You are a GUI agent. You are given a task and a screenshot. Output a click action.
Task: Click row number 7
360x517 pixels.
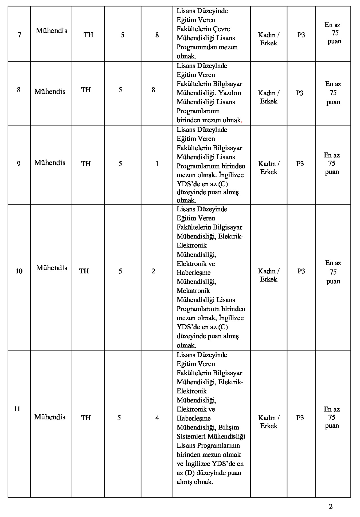pos(19,35)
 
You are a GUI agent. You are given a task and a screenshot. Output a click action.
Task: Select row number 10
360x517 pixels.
pos(19,271)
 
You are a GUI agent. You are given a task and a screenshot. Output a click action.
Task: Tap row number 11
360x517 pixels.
pos(17,409)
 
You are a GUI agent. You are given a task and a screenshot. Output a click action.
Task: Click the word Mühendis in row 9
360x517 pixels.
pos(50,163)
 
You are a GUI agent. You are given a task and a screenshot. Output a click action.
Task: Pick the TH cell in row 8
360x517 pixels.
pos(86,90)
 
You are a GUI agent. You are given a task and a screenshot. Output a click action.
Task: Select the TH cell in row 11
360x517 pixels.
pos(86,418)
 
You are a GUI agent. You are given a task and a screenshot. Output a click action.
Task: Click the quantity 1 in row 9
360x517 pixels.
pos(157,163)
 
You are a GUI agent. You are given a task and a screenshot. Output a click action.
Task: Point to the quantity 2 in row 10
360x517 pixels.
pos(153,271)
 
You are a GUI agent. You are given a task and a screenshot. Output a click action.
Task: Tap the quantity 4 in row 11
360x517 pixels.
pos(157,418)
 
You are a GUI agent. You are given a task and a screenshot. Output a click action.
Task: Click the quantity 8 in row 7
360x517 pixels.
pos(157,35)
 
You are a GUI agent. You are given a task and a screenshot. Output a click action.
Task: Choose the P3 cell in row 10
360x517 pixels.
pos(301,271)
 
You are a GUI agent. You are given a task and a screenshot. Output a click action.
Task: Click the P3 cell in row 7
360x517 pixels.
pos(301,35)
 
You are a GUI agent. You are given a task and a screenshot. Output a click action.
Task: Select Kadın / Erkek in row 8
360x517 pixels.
pos(269,97)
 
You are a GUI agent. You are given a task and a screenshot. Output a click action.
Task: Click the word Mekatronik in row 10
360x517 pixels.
pos(193,291)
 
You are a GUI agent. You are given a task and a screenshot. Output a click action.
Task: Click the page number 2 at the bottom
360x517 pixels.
pos(331,506)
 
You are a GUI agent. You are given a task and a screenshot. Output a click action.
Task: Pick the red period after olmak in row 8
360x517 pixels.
pos(242,122)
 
